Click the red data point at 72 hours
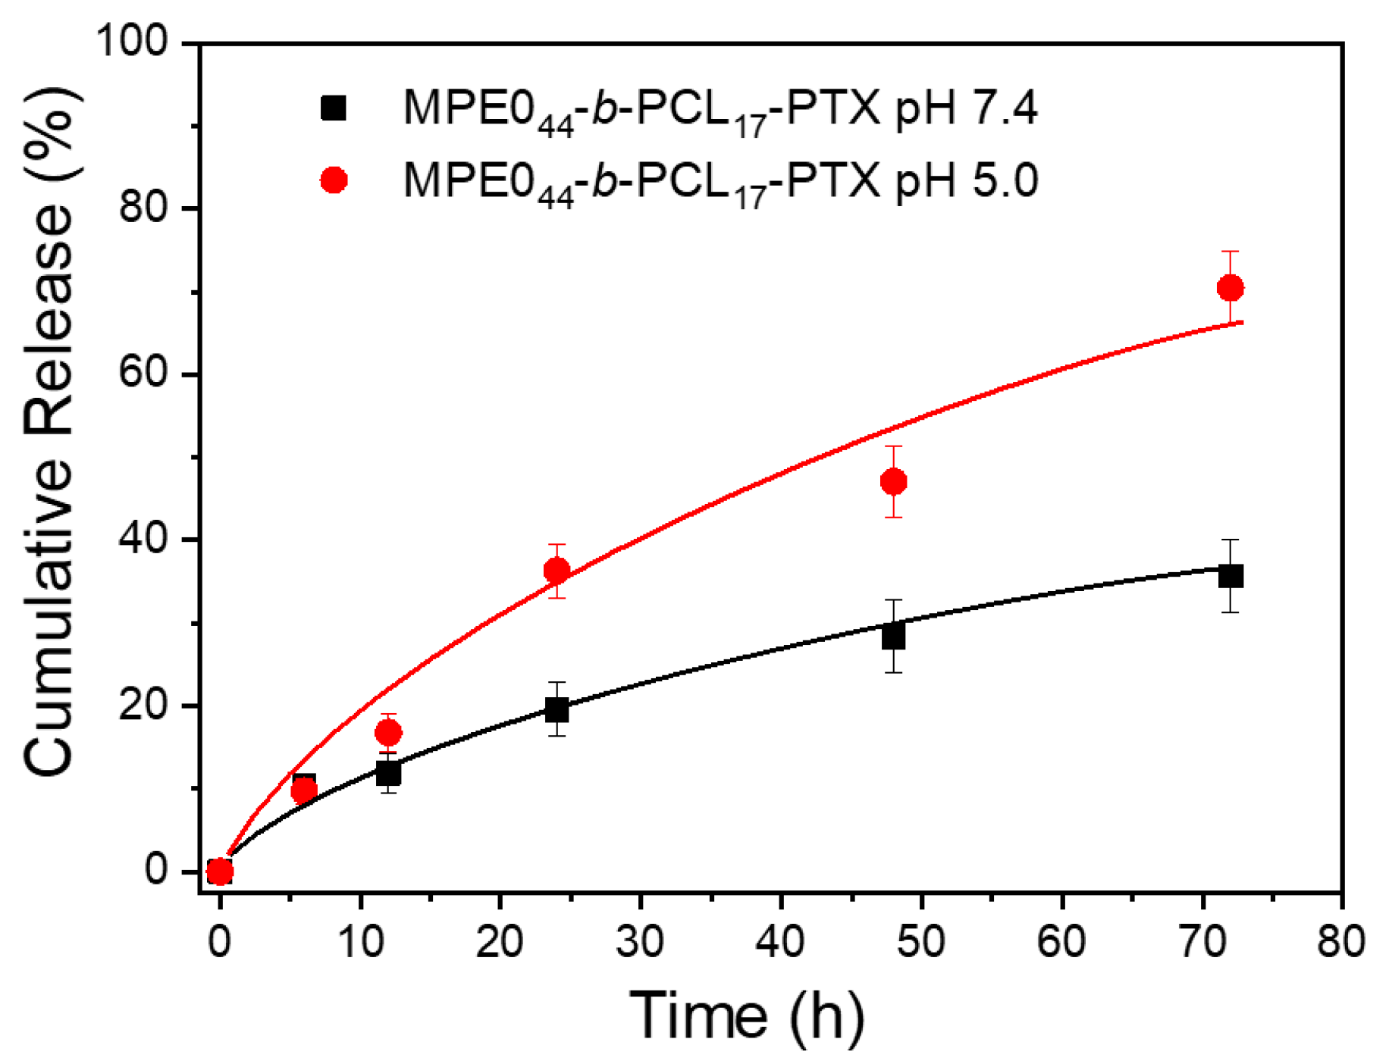click(1230, 288)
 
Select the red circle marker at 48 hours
click(894, 482)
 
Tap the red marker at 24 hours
click(556, 571)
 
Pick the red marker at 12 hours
click(388, 733)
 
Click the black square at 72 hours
click(1230, 576)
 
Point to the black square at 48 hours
click(894, 637)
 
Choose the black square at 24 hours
click(556, 710)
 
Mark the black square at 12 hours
click(388, 774)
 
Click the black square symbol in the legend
click(334, 108)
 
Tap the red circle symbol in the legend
click(334, 180)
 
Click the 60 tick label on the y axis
click(143, 374)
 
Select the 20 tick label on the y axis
click(143, 706)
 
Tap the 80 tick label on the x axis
click(1341, 942)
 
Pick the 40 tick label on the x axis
click(781, 942)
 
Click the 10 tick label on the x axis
click(361, 942)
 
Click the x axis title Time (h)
click(747, 1015)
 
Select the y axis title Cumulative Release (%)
click(49, 432)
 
